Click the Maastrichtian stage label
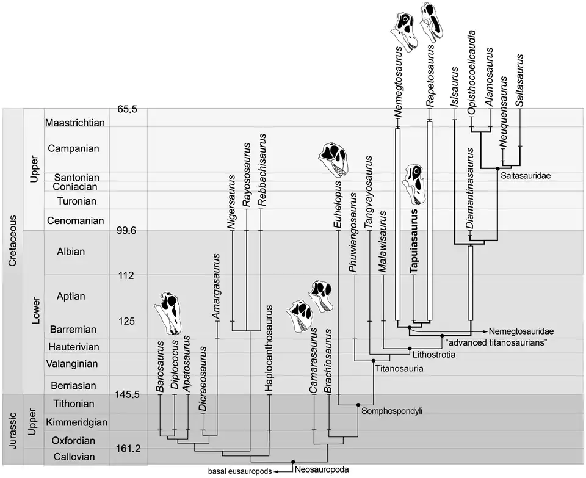tap(76, 122)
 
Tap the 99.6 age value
tap(129, 231)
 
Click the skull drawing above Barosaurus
tap(170, 313)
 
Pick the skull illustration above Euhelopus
tap(335, 159)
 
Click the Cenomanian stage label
tap(76, 220)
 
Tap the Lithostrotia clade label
tap(433, 355)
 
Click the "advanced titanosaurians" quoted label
tap(495, 342)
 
